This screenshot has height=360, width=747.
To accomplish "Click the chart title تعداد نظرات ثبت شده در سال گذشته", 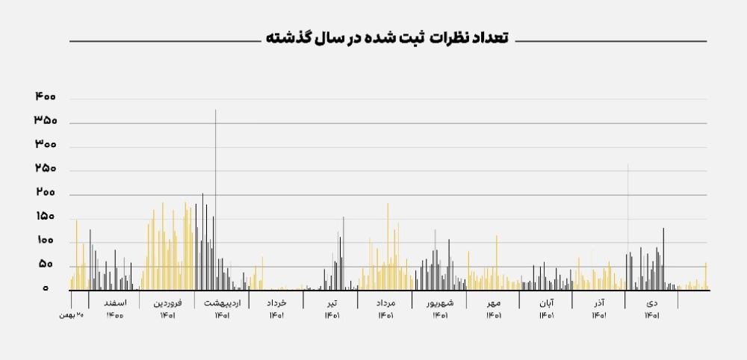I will coord(386,38).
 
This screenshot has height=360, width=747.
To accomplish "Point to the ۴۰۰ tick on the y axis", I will coord(45,97).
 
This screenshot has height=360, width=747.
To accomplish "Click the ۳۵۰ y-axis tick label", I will coord(45,121).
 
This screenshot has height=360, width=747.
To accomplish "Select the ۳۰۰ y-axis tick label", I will coord(45,145).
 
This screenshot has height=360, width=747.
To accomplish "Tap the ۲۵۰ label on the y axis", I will coord(45,170).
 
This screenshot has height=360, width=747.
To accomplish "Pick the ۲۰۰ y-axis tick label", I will coord(45,193).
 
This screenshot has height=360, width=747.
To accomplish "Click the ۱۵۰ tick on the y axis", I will coord(45,217).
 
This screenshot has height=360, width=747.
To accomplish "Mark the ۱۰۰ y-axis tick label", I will coord(45,241).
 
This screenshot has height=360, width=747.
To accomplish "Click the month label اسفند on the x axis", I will coord(116,303).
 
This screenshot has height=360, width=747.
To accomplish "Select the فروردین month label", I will coord(168,303).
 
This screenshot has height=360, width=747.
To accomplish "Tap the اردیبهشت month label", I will coord(222,303).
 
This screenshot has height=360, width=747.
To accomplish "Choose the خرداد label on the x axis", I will coord(276,303).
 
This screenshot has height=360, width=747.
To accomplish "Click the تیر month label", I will coord(332,303).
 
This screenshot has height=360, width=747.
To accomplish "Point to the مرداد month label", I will coord(385,303).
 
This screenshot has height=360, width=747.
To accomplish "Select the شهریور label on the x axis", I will coord(439,303).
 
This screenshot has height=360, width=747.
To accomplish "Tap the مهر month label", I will coord(494,303).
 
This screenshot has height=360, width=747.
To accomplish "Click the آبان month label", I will coord(546,303).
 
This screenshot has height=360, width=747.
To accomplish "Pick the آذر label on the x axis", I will coord(599,303).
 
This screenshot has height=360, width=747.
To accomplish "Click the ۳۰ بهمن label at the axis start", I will coord(71,315).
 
